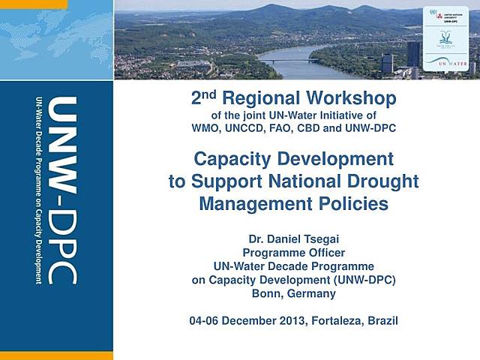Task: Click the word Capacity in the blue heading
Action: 231,159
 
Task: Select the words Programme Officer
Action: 294,254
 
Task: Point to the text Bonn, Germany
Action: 294,292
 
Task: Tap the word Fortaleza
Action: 333,321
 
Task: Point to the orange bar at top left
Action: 34,4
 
